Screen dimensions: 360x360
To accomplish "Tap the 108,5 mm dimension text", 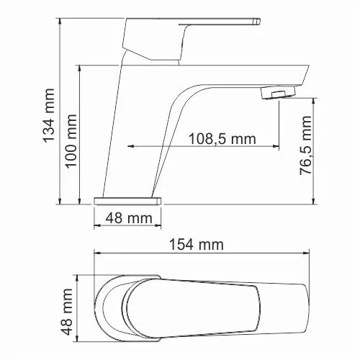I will (x=222, y=138).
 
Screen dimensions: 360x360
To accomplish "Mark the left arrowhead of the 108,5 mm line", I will (x=132, y=147).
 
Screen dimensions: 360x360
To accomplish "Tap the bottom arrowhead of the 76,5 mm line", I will (x=313, y=199).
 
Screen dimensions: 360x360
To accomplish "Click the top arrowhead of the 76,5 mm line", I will (x=313, y=101).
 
